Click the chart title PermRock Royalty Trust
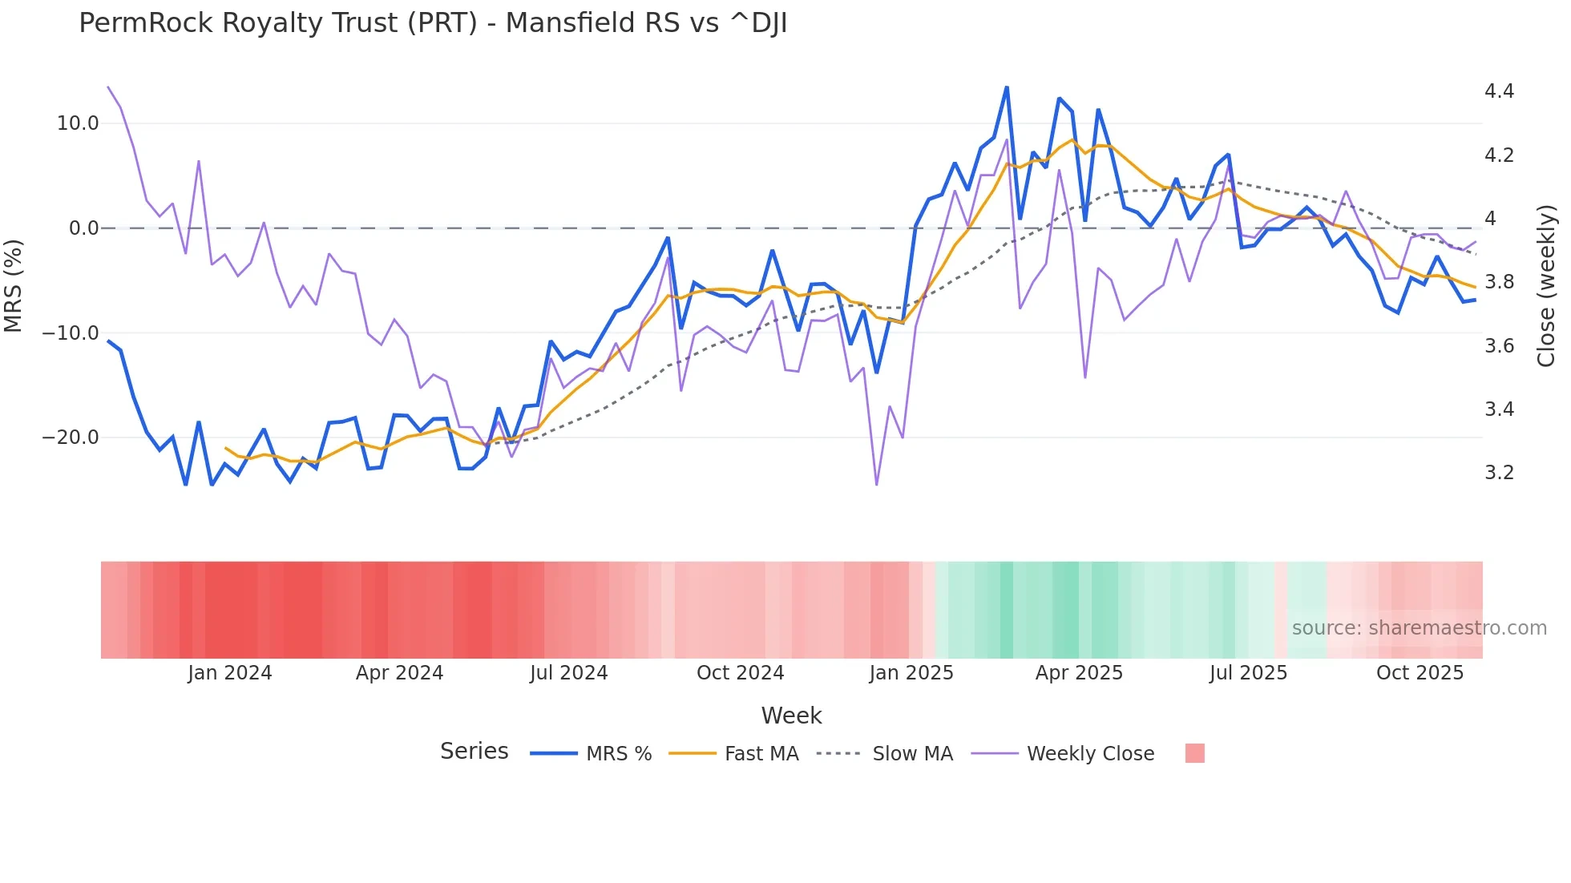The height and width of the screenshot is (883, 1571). (433, 23)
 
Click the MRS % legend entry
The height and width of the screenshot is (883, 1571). (618, 754)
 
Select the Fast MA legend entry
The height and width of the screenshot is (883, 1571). (761, 754)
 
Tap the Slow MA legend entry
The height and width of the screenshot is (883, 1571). (912, 754)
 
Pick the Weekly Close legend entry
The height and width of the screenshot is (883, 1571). (1090, 754)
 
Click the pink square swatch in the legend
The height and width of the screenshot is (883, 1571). (1194, 753)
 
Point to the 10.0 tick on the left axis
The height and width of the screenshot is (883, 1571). (78, 123)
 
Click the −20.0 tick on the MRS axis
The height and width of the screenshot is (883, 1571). (71, 437)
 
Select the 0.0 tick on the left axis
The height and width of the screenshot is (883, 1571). (83, 228)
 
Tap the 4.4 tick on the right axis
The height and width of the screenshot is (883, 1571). (1499, 91)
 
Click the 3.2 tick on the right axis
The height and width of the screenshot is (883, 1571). (1499, 473)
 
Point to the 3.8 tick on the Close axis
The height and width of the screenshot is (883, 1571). (1499, 282)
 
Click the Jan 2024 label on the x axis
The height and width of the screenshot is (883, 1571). (230, 673)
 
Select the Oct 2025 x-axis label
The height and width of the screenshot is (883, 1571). (1420, 673)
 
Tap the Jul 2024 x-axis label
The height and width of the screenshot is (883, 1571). (568, 673)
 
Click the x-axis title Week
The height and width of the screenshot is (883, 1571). (791, 716)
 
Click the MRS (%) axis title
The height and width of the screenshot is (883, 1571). (14, 285)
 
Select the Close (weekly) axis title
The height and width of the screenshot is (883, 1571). (1546, 285)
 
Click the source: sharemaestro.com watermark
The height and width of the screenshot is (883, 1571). (1419, 628)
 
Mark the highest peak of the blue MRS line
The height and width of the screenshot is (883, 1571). (1007, 87)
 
